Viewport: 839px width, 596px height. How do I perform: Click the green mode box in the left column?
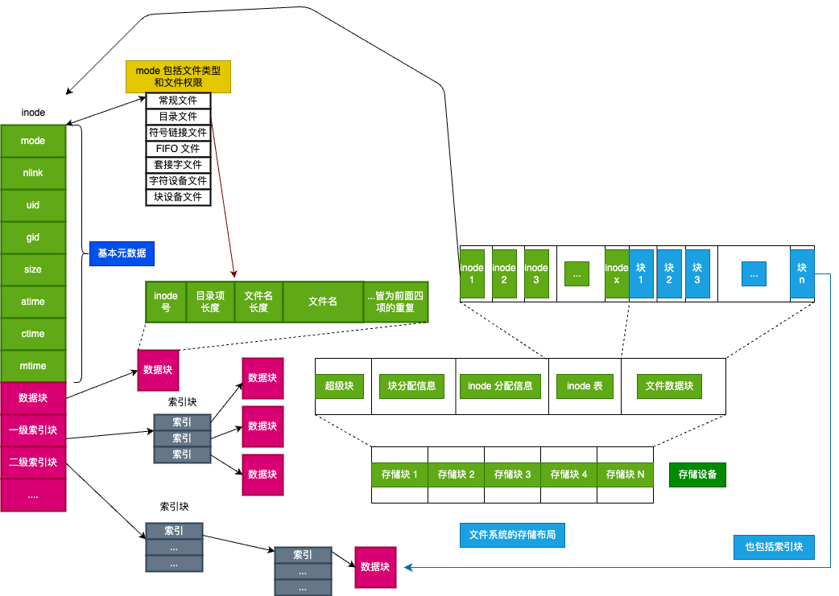[33, 141]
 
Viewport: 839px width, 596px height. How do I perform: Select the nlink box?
[33, 173]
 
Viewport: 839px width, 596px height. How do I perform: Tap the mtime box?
[33, 366]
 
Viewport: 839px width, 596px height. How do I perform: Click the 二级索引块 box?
[33, 462]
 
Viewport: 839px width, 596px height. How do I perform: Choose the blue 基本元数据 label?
[122, 253]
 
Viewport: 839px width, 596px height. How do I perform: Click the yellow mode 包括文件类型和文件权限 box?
[178, 76]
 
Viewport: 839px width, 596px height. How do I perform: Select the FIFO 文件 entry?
[178, 149]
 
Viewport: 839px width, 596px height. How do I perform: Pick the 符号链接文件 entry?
[178, 133]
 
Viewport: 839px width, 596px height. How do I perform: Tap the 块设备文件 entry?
[178, 197]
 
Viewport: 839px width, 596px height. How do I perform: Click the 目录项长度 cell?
[210, 302]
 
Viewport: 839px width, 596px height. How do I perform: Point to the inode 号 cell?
[166, 302]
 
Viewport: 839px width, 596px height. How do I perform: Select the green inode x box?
[617, 273]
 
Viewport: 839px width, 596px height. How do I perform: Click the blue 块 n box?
[802, 273]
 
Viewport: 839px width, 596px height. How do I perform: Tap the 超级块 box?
[339, 386]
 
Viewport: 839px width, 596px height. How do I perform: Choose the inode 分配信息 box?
[500, 386]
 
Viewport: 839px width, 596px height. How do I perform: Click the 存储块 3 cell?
[512, 475]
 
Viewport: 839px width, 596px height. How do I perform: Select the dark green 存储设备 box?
[697, 475]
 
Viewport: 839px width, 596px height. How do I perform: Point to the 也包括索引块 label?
[774, 547]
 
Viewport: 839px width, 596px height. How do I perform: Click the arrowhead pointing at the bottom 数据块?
[409, 567]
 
